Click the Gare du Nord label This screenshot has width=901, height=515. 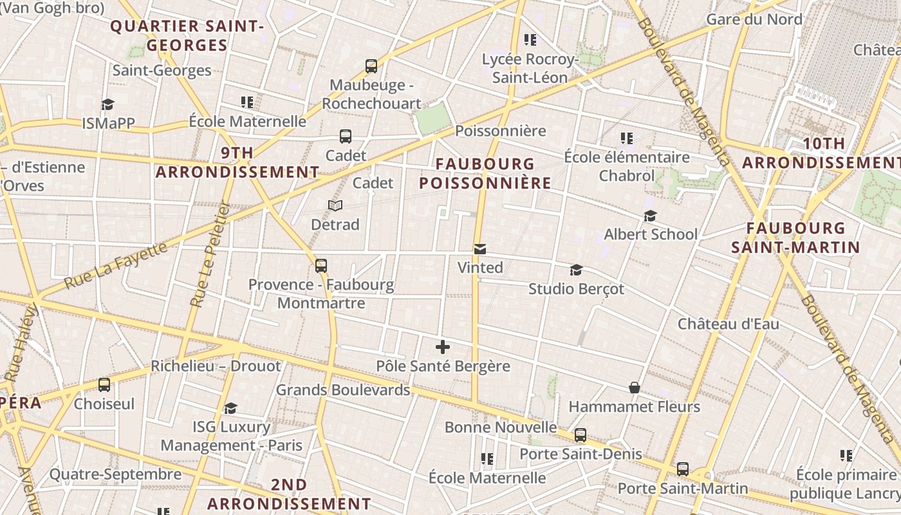[x=754, y=19]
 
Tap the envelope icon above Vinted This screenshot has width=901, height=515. [x=479, y=249]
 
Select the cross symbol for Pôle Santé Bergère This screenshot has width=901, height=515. [x=443, y=347]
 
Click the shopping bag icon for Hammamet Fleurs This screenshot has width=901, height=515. [x=635, y=388]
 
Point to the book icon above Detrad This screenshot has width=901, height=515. [x=335, y=205]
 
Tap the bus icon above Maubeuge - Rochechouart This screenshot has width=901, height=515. [x=371, y=66]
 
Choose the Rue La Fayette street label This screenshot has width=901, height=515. [x=116, y=265]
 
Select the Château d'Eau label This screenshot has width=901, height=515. [x=728, y=324]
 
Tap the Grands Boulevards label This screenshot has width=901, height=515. [x=343, y=390]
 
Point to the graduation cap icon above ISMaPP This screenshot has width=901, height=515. [x=107, y=104]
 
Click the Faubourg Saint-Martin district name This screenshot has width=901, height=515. [x=795, y=238]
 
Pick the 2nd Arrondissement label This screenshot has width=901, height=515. [x=289, y=494]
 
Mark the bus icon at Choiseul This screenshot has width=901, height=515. [x=104, y=385]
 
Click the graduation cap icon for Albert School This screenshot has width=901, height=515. [x=651, y=216]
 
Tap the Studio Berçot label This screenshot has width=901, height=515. [x=576, y=289]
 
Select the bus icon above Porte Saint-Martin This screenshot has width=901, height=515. [x=683, y=469]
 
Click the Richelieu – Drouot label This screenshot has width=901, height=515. [x=216, y=366]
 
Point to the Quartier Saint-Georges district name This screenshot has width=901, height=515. [x=187, y=36]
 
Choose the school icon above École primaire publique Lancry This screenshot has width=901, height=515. [x=846, y=456]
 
